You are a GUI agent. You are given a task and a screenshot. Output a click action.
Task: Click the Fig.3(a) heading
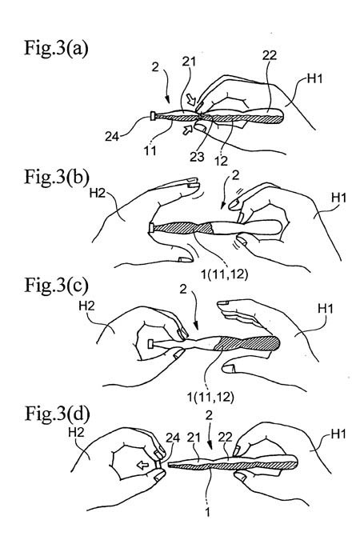(56, 48)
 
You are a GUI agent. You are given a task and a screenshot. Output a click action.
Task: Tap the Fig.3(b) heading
(57, 177)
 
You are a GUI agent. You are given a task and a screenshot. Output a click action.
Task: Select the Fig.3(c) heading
(56, 285)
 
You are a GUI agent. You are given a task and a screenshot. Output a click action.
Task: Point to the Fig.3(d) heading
(57, 413)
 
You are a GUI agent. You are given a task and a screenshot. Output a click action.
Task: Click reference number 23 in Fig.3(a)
(197, 156)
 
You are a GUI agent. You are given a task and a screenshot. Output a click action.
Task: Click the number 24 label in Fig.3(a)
(112, 136)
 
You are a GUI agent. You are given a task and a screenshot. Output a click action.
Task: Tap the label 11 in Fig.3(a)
(150, 150)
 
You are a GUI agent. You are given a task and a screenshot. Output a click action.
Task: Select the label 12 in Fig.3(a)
(221, 161)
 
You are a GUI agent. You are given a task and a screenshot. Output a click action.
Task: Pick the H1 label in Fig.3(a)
(314, 78)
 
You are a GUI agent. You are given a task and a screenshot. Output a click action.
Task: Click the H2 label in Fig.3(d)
(76, 432)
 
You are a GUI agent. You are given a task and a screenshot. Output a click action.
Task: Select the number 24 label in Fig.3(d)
(173, 438)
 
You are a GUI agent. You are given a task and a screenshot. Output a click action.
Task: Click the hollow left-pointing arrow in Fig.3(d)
(143, 465)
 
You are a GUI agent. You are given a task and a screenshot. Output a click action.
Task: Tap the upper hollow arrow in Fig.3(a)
(191, 100)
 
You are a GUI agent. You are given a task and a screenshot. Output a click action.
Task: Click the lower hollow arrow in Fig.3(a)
(187, 130)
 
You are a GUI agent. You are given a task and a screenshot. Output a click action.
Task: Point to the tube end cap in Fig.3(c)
(150, 343)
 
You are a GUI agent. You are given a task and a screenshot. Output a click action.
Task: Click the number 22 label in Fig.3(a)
(270, 55)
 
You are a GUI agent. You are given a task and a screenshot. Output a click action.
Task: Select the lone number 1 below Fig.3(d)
(208, 512)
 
